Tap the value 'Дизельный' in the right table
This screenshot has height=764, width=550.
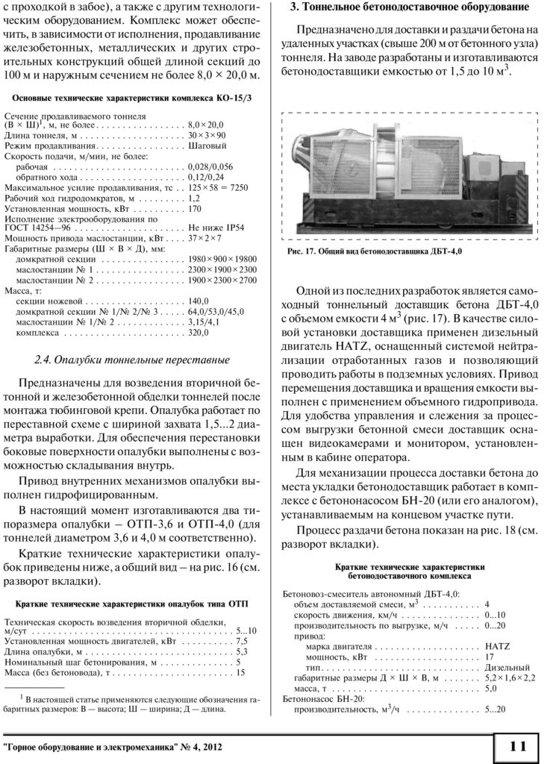(x=507, y=666)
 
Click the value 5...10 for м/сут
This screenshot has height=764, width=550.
(x=246, y=630)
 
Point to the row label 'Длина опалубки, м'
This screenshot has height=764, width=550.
(x=48, y=651)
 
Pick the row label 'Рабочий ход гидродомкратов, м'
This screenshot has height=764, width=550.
(x=71, y=200)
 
